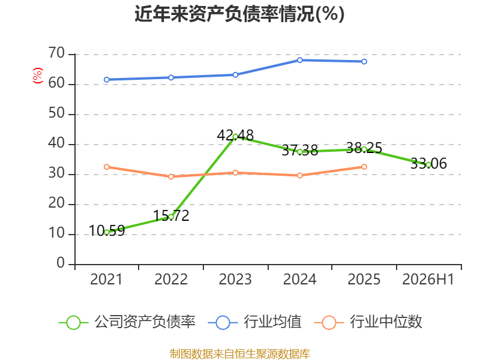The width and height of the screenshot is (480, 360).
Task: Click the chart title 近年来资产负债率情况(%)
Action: (x=239, y=14)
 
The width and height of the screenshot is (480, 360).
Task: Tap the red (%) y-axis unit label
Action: (x=38, y=76)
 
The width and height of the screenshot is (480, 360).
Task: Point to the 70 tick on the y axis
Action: (x=56, y=53)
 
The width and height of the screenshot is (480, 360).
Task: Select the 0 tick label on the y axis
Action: (x=61, y=263)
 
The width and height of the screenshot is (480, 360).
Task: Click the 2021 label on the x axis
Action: (x=106, y=280)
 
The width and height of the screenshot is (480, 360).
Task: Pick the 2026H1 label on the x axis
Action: (x=428, y=280)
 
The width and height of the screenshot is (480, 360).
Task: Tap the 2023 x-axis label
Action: (x=235, y=280)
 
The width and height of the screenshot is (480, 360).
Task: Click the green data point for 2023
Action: (x=235, y=137)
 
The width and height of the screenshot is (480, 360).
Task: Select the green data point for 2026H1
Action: (x=428, y=165)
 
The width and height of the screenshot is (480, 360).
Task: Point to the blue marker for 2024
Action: (x=299, y=60)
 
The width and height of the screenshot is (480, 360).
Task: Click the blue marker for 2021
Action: (x=107, y=80)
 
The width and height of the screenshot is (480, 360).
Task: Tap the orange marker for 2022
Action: (x=171, y=176)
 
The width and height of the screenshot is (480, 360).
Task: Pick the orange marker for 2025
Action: (x=364, y=167)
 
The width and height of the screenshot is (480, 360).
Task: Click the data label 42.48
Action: (x=235, y=136)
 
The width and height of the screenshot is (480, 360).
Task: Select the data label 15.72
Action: (x=171, y=216)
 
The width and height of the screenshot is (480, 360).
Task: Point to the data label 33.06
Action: (x=428, y=163)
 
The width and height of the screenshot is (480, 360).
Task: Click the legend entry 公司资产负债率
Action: (x=127, y=322)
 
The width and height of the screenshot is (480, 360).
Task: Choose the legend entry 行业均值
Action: (x=254, y=322)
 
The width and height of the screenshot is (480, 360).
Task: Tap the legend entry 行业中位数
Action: (x=368, y=322)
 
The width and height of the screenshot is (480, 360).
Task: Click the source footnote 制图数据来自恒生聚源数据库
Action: (x=239, y=354)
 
